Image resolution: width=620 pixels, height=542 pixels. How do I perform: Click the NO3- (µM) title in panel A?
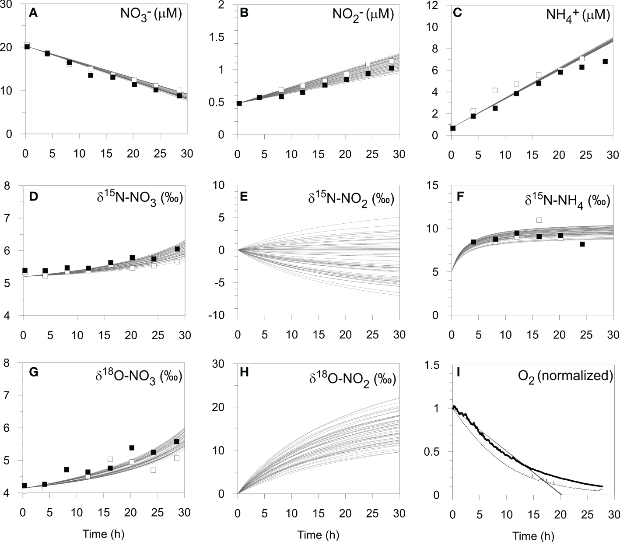click(151, 14)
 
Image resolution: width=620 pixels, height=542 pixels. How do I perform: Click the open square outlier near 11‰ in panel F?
click(539, 220)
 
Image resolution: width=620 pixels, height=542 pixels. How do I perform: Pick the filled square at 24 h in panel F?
click(582, 244)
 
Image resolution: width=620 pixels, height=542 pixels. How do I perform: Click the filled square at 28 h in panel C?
click(605, 61)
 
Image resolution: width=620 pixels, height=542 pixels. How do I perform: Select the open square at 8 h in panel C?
click(495, 91)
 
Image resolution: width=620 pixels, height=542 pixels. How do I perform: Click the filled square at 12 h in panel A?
click(91, 75)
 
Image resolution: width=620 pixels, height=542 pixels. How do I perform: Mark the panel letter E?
click(244, 196)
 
